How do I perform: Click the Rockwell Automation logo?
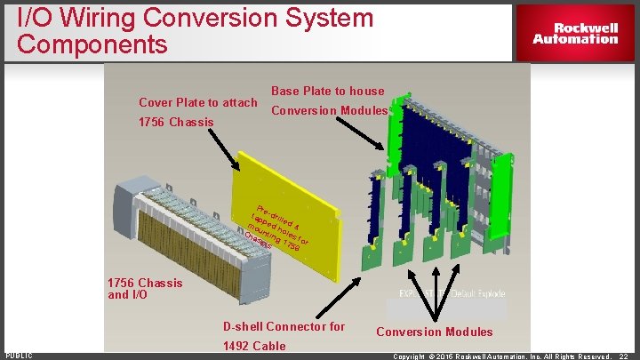[575, 33]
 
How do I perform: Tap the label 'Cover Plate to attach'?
[197, 102]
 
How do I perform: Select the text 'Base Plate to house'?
[327, 91]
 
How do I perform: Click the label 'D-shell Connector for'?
[284, 326]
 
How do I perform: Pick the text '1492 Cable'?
[254, 346]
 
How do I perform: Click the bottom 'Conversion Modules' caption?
[434, 332]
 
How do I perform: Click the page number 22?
[624, 356]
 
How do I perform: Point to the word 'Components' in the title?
[92, 44]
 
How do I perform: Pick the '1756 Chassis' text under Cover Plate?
[176, 122]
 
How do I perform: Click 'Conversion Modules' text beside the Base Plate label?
[329, 111]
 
